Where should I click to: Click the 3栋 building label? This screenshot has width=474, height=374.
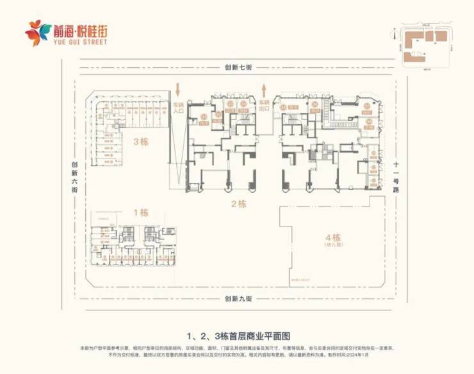(x=140, y=143)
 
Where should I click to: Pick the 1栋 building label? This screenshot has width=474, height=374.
(x=140, y=212)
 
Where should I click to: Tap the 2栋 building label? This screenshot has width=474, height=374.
(x=238, y=205)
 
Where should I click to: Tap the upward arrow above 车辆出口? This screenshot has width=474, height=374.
(x=262, y=88)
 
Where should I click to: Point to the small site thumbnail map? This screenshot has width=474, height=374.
(x=425, y=46)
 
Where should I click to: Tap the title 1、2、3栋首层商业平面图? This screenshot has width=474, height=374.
(x=238, y=335)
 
